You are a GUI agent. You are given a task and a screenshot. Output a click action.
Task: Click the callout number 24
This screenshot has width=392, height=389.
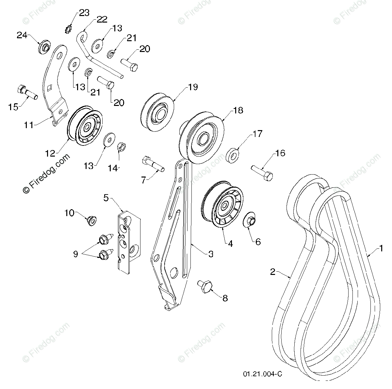(x=22, y=36)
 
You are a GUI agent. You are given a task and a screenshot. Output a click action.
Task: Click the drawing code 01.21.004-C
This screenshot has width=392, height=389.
(x=262, y=374)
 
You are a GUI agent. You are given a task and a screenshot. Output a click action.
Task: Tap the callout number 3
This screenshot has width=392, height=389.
(x=210, y=253)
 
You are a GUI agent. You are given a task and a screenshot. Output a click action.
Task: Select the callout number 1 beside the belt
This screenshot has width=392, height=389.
(x=380, y=249)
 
